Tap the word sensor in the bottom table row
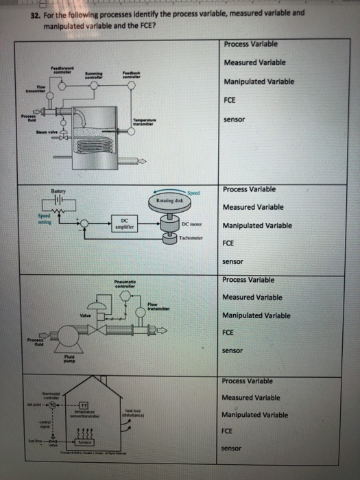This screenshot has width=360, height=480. [x=234, y=448]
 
